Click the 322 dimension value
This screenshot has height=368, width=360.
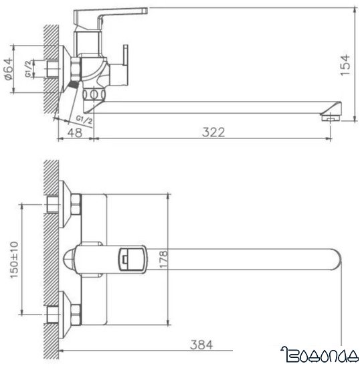[213, 133]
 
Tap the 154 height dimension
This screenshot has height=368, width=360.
[344, 66]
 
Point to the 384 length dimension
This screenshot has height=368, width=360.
[201, 345]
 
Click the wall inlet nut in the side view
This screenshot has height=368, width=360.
[74, 68]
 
